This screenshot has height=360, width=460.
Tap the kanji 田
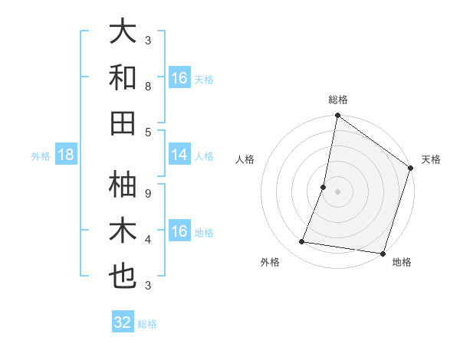click(123, 123)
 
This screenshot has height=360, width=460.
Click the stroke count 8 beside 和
click(148, 87)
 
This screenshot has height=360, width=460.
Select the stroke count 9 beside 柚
click(148, 193)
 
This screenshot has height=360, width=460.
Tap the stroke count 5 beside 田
click(148, 133)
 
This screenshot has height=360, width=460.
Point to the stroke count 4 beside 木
click(148, 239)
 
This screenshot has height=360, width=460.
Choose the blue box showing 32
click(123, 322)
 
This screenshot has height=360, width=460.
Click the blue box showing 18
click(66, 155)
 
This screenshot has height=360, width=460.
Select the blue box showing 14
click(179, 155)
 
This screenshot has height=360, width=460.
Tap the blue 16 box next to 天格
click(179, 78)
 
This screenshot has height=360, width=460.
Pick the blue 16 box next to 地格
click(179, 231)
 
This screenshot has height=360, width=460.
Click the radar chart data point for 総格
click(337, 116)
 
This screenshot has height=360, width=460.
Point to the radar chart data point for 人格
click(324, 187)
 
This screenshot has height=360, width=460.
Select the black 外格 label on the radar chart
click(270, 262)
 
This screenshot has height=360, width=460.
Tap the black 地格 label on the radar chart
click(402, 262)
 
